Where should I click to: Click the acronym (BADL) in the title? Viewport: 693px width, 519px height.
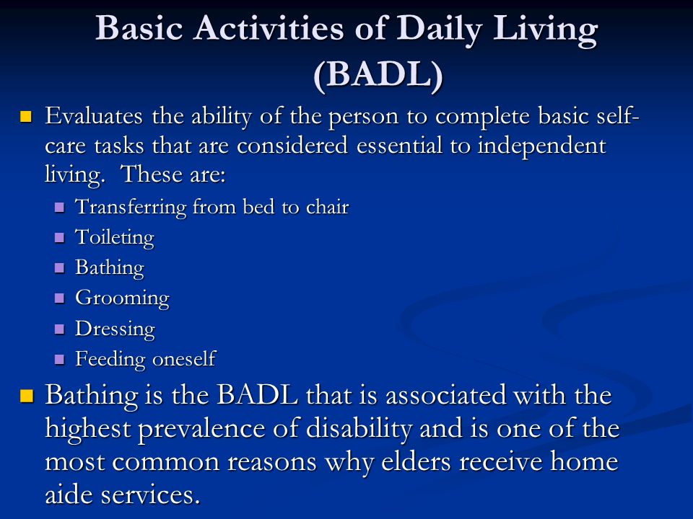(x=378, y=74)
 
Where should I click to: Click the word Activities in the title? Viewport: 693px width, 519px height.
(x=269, y=28)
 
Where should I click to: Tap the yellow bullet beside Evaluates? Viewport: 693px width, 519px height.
(x=26, y=117)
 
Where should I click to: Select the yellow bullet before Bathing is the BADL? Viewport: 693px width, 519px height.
(x=27, y=396)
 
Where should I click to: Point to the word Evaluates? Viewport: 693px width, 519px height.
(x=94, y=116)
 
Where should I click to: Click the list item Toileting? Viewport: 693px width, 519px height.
(x=115, y=237)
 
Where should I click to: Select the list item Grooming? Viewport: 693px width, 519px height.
(x=122, y=298)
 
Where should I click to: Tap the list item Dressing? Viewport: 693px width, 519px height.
(x=115, y=329)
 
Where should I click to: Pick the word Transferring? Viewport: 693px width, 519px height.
(x=131, y=208)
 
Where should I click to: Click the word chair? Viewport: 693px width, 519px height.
(x=328, y=206)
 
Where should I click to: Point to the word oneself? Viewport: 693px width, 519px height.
(x=184, y=358)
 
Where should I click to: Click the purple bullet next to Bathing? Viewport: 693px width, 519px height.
(x=60, y=268)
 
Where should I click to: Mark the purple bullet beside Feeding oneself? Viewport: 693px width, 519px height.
(x=60, y=359)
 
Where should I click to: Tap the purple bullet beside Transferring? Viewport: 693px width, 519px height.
(x=60, y=208)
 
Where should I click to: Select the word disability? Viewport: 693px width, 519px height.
(x=359, y=430)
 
